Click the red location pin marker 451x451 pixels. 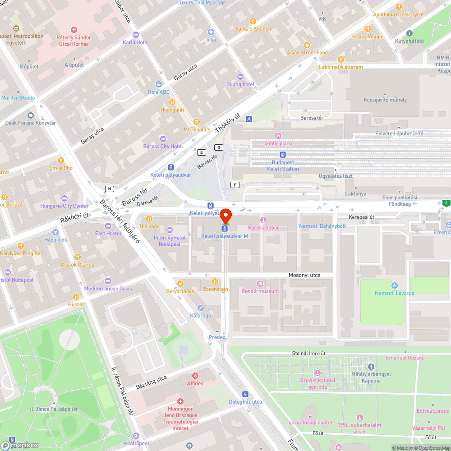point(225,215)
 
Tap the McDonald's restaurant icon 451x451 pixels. point(196,122)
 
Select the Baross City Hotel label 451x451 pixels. point(163,146)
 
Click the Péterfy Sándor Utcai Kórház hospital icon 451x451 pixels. point(74,30)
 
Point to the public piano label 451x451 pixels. point(278,143)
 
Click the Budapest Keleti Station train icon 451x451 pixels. point(283,154)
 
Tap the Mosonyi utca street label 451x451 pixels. point(304,275)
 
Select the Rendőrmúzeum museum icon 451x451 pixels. point(260,283)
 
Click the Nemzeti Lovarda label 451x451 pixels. point(394,293)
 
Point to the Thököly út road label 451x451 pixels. point(226,122)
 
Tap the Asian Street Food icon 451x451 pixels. point(307,45)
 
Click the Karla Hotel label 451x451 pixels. point(136,42)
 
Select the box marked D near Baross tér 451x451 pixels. point(219,147)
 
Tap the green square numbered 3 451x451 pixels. point(446,203)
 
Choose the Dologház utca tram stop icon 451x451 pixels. point(245,394)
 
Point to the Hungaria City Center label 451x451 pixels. point(64,206)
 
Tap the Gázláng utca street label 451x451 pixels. point(151,382)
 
